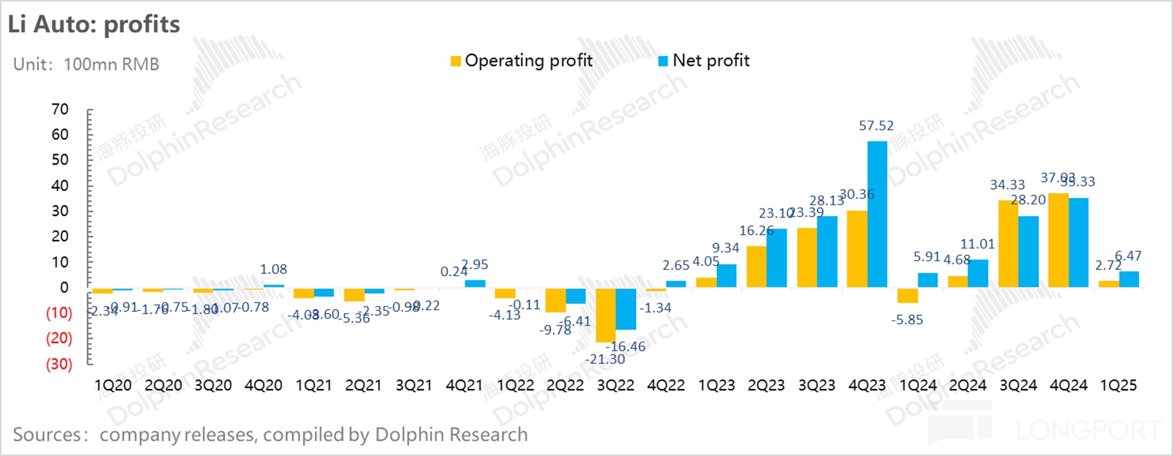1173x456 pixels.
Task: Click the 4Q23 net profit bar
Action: [877, 214]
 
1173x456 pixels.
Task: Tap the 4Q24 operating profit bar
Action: [1059, 240]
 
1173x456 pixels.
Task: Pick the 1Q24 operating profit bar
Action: [907, 295]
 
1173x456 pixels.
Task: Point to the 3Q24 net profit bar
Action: [1028, 252]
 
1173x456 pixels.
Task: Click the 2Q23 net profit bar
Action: [776, 258]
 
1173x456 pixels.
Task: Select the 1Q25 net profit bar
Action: [1128, 279]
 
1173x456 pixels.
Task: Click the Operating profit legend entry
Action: [522, 61]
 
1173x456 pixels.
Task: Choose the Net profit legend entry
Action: [704, 61]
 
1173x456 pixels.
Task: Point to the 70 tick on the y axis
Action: [60, 109]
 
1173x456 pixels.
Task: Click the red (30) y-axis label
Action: [59, 364]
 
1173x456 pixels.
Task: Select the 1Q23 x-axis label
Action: [716, 386]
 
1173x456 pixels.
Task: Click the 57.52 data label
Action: [876, 126]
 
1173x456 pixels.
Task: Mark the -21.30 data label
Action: [605, 359]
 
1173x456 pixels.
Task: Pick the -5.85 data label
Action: [907, 320]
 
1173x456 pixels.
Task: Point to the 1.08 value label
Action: [273, 269]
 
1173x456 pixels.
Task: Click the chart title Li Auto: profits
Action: [94, 24]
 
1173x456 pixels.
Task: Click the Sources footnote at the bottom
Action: [270, 434]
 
